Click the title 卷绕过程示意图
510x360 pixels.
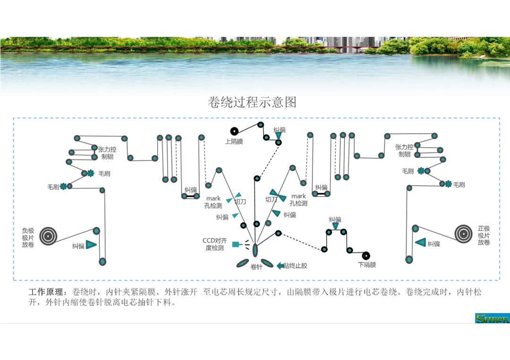point(252,102)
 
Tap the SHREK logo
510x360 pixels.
point(492,318)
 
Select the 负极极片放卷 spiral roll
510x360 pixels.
point(49,236)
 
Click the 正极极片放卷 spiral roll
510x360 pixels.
point(464,234)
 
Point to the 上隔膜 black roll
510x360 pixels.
point(234,131)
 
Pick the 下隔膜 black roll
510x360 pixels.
point(366,256)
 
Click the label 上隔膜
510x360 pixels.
point(234,142)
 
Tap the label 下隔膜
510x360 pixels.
point(367,265)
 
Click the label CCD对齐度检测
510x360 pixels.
point(215,244)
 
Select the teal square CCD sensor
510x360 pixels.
point(236,244)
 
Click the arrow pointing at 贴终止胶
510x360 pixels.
point(280,266)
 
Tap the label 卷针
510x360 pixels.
point(256,267)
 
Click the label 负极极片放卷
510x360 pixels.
point(28,237)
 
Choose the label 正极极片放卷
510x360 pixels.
point(484,235)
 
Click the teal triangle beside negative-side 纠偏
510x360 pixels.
point(91,245)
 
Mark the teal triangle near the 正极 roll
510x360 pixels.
point(421,242)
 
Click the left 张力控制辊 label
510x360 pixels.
point(107,153)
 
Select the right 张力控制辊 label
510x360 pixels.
point(404,151)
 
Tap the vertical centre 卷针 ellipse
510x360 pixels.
point(255,250)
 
